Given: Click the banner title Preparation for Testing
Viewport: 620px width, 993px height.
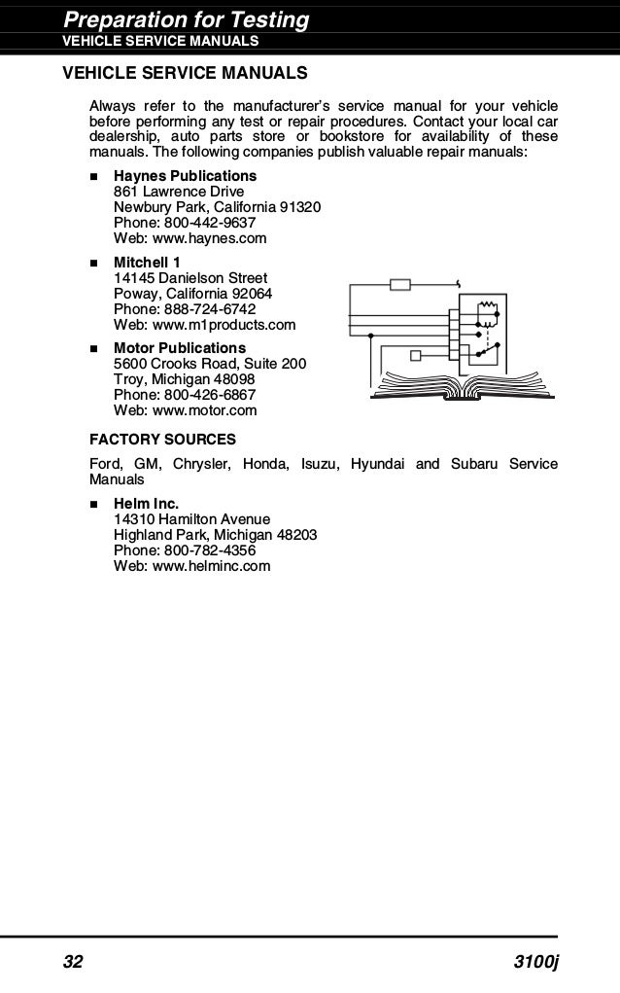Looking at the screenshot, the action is click(186, 19).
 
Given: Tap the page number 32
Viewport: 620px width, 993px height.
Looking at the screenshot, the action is click(74, 963).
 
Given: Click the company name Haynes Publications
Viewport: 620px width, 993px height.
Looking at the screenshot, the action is click(185, 176).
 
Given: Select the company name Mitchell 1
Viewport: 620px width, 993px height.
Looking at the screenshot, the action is click(147, 263).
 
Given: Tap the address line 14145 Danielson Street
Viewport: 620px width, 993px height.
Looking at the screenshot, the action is click(190, 278).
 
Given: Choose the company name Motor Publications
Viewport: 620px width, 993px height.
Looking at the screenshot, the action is click(180, 348).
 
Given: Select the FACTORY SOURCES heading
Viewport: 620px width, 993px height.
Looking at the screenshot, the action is click(162, 439).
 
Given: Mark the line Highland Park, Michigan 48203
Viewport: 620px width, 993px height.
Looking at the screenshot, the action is click(215, 535).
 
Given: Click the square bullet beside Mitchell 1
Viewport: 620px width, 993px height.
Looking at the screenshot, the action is click(94, 264).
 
